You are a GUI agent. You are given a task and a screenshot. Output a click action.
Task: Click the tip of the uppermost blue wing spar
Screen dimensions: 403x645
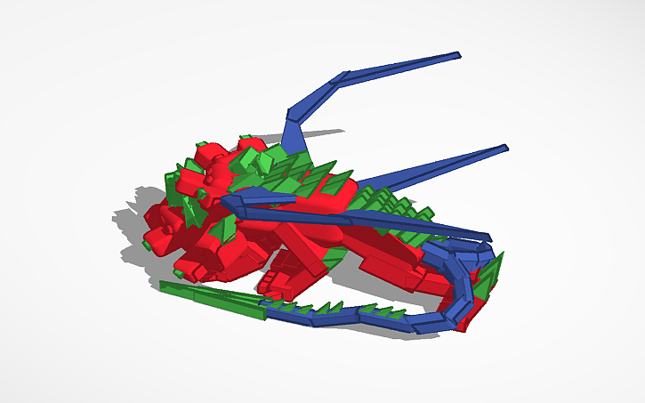click(x=459, y=55)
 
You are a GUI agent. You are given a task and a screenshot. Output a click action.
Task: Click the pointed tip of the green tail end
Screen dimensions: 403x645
click(x=163, y=285)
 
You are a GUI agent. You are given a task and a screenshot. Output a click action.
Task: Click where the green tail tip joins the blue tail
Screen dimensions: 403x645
click(x=263, y=307)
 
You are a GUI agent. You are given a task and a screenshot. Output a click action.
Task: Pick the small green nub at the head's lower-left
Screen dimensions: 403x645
click(x=146, y=242)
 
